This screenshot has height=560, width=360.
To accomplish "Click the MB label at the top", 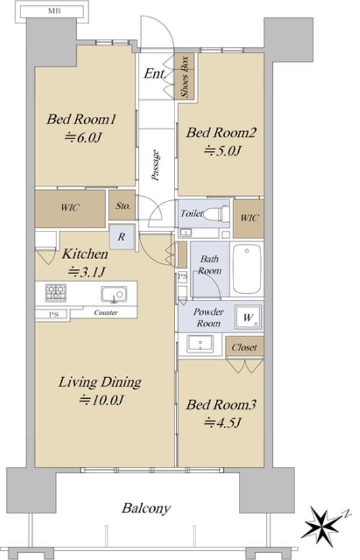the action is pos(55,11).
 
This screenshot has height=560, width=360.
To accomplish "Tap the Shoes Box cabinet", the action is pos(184,76).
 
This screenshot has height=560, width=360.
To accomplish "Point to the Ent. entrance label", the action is pos(155,74).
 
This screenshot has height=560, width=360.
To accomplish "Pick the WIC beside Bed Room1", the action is pos(70,209).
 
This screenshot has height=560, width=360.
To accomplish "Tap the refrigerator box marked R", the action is pos(122,237).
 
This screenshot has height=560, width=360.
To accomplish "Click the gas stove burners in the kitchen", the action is pos(56,293).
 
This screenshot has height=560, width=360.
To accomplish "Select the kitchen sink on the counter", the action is pos(113,294).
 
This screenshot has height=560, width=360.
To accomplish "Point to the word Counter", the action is pos(106,312).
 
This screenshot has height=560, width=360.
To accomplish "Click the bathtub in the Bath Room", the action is pos(247,269).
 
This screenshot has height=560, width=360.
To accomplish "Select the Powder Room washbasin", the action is pos(200,344).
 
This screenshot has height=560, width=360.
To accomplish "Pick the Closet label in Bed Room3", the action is pos(244,347).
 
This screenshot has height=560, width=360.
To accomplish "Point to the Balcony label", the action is pos(146,508).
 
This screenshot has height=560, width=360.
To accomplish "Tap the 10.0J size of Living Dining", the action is pos(102,400).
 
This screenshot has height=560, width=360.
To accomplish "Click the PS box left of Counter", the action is pos(53,314).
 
